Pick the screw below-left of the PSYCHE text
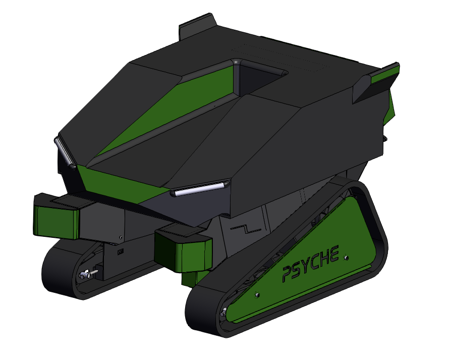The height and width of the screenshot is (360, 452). coord(258,294)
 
